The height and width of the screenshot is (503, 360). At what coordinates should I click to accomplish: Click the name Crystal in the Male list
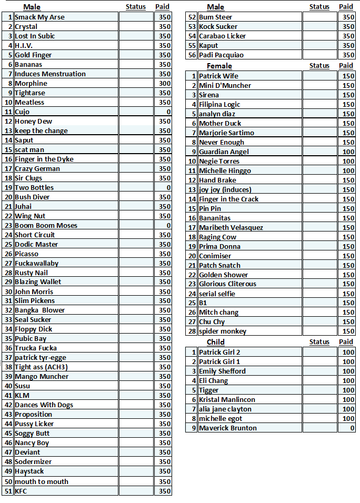26,27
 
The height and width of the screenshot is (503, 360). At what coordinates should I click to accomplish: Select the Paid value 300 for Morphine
165,84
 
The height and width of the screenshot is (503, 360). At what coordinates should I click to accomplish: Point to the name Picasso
27,254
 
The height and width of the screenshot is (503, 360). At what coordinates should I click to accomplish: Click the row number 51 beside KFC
8,491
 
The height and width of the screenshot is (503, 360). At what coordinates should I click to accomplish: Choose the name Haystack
29,471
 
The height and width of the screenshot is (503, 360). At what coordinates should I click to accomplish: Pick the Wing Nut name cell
30,216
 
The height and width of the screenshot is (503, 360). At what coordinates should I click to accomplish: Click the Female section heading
219,66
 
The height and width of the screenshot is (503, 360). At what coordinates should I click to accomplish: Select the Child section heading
215,342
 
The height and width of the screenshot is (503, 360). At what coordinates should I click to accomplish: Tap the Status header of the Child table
319,342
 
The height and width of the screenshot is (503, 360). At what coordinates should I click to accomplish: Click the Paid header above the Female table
346,66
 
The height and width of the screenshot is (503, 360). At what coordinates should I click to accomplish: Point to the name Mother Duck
220,124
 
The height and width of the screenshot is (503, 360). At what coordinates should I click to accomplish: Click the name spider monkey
223,331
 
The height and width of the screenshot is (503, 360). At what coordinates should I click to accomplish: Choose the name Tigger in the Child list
209,390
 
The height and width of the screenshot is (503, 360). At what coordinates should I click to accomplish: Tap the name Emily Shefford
222,371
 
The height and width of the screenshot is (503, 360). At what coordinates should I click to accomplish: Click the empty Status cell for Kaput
319,46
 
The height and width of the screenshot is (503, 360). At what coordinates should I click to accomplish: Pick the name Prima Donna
219,247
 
